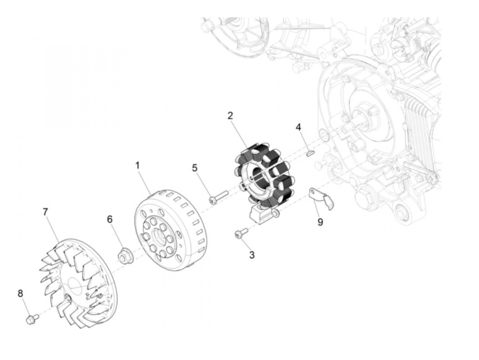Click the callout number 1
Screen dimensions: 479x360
pyautogui.click(x=137, y=166)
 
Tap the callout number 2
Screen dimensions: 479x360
pyautogui.click(x=230, y=115)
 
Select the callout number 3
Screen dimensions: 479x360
pyautogui.click(x=252, y=255)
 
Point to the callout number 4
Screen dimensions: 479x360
pyautogui.click(x=298, y=127)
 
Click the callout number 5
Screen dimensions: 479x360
pyautogui.click(x=194, y=168)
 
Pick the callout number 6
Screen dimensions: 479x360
pyautogui.click(x=110, y=219)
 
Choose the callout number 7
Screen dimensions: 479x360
pyautogui.click(x=45, y=211)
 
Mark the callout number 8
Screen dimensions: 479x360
pyautogui.click(x=20, y=294)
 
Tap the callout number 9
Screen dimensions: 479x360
pyautogui.click(x=320, y=222)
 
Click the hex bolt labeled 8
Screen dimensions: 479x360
pyautogui.click(x=32, y=319)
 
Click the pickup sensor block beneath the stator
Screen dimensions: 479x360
pyautogui.click(x=260, y=215)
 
